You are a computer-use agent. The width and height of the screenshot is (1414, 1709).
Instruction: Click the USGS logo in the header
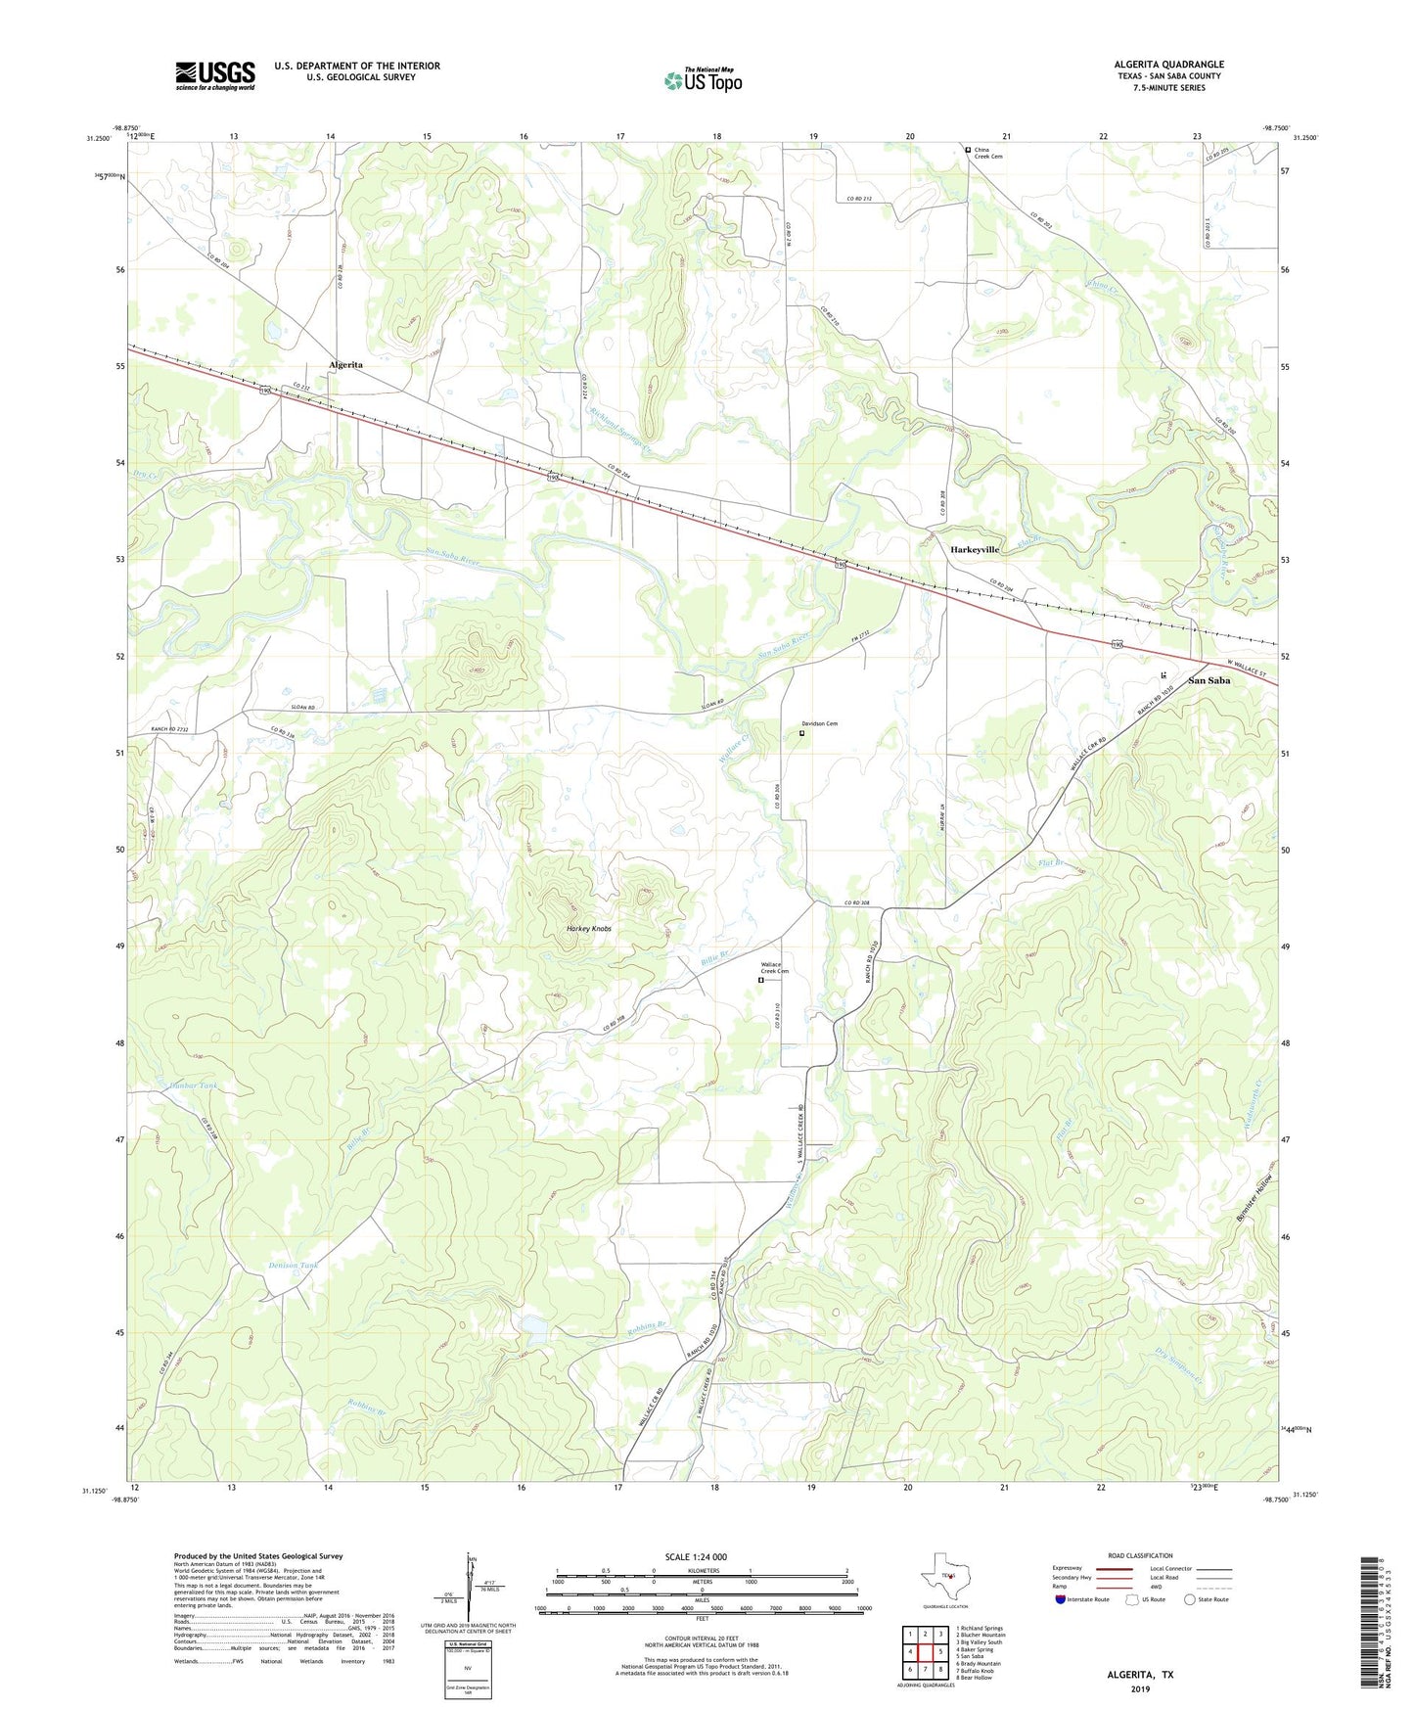(x=214, y=75)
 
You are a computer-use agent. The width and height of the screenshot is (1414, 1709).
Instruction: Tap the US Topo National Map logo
(x=703, y=79)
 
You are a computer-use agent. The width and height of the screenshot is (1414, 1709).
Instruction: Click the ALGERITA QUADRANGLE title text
(x=1168, y=65)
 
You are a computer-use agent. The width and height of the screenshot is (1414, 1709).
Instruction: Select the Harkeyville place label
(x=975, y=550)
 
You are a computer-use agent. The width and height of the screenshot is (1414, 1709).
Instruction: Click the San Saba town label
(x=1209, y=680)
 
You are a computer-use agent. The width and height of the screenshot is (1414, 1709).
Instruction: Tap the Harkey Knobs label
(x=589, y=928)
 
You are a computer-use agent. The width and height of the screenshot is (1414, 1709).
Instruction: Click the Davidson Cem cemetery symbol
(x=802, y=732)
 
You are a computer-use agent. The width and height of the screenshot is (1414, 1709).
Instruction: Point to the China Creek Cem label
(x=988, y=153)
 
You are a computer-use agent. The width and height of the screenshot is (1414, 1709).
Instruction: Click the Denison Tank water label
(x=294, y=1266)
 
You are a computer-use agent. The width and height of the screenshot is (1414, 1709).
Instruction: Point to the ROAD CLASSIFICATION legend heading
(x=1140, y=1555)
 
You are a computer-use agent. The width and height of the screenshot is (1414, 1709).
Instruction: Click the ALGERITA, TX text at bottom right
(x=1140, y=1675)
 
